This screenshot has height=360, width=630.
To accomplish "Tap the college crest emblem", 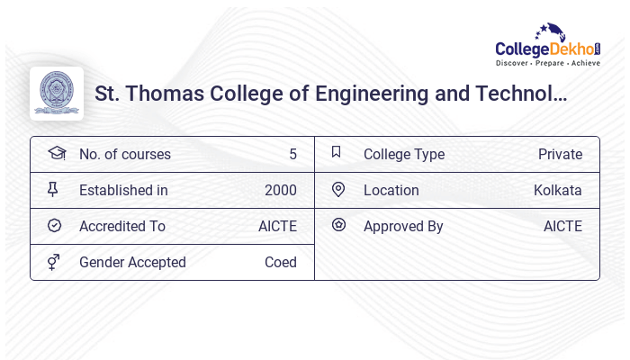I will pyautogui.click(x=57, y=94).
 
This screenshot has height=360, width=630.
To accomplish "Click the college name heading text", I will pyautogui.click(x=330, y=94).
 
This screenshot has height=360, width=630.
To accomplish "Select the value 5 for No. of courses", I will pyautogui.click(x=292, y=154).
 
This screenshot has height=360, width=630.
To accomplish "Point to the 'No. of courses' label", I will pyautogui.click(x=125, y=154).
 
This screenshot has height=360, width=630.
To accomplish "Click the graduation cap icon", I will pyautogui.click(x=56, y=153).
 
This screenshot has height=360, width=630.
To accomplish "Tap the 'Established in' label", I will pyautogui.click(x=123, y=190).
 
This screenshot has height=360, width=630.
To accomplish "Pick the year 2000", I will pyautogui.click(x=280, y=190).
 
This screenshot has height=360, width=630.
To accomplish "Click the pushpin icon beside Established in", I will pyautogui.click(x=53, y=189).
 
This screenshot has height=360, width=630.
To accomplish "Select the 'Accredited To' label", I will pyautogui.click(x=122, y=226).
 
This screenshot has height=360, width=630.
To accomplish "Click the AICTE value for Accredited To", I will pyautogui.click(x=277, y=226).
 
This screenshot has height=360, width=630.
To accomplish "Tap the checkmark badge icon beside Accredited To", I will pyautogui.click(x=54, y=225).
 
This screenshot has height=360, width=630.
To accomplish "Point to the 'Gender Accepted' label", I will pyautogui.click(x=132, y=262).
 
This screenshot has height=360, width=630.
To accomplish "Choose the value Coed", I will pyautogui.click(x=280, y=262).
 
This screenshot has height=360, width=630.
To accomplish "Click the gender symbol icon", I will pyautogui.click(x=54, y=262).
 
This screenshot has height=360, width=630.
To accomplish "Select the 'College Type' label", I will pyautogui.click(x=404, y=154).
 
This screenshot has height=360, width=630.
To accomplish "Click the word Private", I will pyautogui.click(x=560, y=154).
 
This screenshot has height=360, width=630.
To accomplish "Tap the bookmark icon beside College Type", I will pyautogui.click(x=337, y=152).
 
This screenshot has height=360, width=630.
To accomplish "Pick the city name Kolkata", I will pyautogui.click(x=557, y=190).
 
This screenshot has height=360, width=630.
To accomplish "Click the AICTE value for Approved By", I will pyautogui.click(x=562, y=226).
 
